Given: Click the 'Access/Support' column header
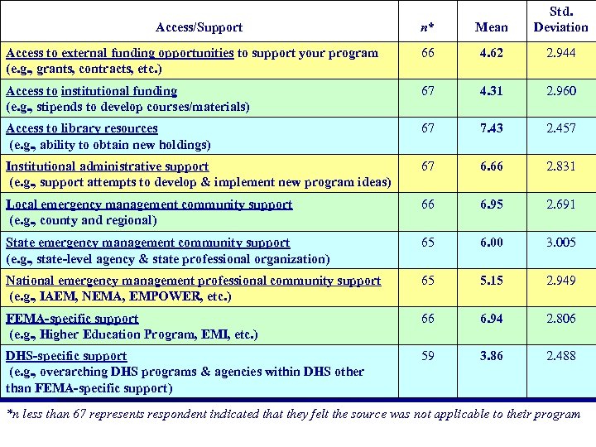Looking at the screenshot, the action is (x=204, y=27).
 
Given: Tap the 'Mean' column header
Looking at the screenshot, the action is (x=492, y=27).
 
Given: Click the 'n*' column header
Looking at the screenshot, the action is (x=425, y=27).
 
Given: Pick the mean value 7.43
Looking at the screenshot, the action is (x=492, y=128).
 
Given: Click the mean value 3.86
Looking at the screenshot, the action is (x=492, y=356).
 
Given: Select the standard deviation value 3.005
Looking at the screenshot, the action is (x=560, y=243).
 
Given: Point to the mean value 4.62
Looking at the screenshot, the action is (x=492, y=53).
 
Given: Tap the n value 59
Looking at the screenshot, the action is (x=425, y=356).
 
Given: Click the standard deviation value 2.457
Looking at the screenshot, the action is (x=560, y=128).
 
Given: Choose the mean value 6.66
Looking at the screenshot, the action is (x=492, y=166).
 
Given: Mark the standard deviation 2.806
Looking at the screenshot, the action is (x=560, y=319).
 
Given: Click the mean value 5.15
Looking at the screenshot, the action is (x=492, y=281).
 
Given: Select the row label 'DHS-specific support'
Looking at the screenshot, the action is (x=66, y=356).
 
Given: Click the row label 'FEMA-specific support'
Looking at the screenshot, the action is (x=72, y=319).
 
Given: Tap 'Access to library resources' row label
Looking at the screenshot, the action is (x=81, y=128).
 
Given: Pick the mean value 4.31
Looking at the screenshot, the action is (x=492, y=91).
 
